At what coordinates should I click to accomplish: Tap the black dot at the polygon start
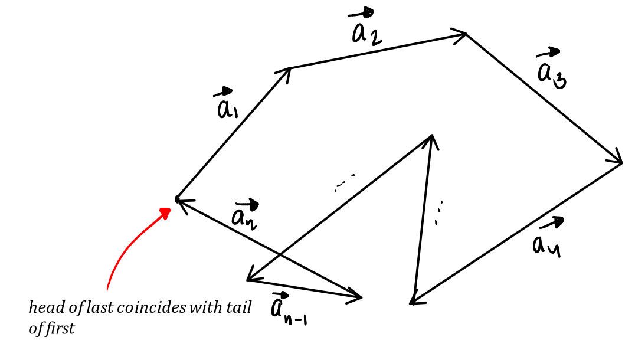tap(177, 199)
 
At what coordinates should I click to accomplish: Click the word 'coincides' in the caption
tap(151, 307)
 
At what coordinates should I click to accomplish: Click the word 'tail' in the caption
tap(240, 307)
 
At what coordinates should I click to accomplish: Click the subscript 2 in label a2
tap(375, 38)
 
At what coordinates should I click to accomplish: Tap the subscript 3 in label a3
tap(561, 80)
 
